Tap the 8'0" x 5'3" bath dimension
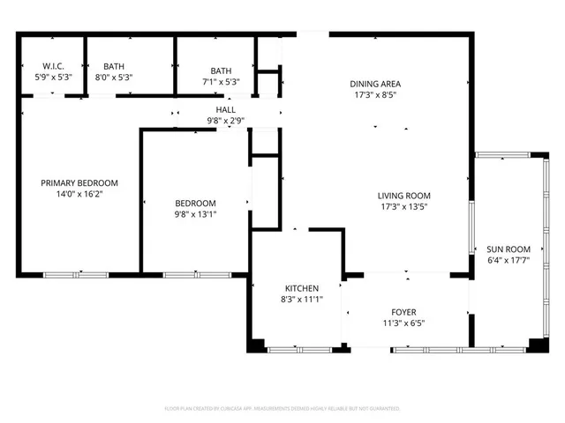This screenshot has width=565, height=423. [x=114, y=78]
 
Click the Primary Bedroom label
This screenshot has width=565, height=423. [x=79, y=183]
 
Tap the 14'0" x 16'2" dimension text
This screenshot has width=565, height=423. [x=79, y=195]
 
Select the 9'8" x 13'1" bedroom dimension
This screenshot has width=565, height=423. [x=195, y=213]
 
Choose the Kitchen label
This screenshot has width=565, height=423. [x=301, y=288]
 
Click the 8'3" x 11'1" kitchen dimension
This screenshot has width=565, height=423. [x=301, y=300]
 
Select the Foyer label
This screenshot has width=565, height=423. [x=403, y=312]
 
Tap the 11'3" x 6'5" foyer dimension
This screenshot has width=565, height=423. [x=403, y=323]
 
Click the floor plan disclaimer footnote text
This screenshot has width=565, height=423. [x=282, y=409]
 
